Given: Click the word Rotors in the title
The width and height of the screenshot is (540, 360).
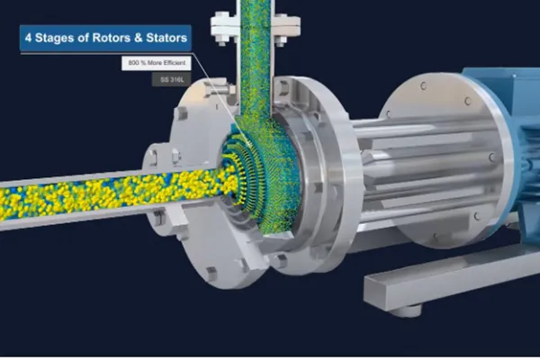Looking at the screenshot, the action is pyautogui.click(x=111, y=38).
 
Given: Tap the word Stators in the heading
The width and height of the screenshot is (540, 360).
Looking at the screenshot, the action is pyautogui.click(x=166, y=38).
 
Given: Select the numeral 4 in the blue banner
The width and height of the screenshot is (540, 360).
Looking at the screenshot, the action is pyautogui.click(x=28, y=38).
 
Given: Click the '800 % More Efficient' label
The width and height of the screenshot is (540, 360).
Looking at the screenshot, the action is pyautogui.click(x=157, y=63).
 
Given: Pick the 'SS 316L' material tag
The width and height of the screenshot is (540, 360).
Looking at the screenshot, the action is pyautogui.click(x=172, y=80).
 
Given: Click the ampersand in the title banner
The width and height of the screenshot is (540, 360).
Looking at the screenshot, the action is pyautogui.click(x=138, y=38).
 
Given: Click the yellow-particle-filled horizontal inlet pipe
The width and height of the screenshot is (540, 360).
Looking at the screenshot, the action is pyautogui.click(x=103, y=194).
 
